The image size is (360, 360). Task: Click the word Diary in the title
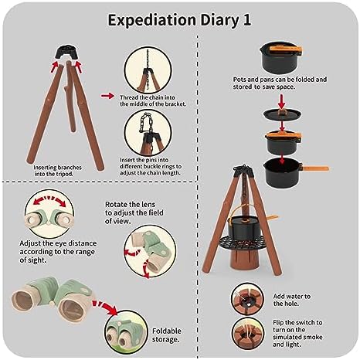coord(219,21)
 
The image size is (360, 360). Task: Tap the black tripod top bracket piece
coord(66,53)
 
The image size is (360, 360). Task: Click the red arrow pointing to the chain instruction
coord(107,96)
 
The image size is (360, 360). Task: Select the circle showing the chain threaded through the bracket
coord(148,70)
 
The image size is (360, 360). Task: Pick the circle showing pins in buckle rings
coord(148,133)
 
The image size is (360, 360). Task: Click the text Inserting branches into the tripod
coord(57,171)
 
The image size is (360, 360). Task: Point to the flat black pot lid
coord(282,114)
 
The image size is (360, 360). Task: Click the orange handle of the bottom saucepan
coord(315,168)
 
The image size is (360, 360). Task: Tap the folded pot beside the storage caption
coord(280,57)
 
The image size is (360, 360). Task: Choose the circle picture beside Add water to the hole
coord(248,299)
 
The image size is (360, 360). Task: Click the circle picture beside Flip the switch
coord(248,334)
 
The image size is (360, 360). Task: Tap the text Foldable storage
coord(167,335)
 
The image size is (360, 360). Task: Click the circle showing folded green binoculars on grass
coord(126,332)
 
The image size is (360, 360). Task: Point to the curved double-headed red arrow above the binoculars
coord(49,200)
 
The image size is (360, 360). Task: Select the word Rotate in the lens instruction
coord(116,205)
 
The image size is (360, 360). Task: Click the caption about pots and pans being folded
coord(280,83)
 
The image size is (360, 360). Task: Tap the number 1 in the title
coord(246,20)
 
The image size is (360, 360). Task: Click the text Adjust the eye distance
coord(58,243)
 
